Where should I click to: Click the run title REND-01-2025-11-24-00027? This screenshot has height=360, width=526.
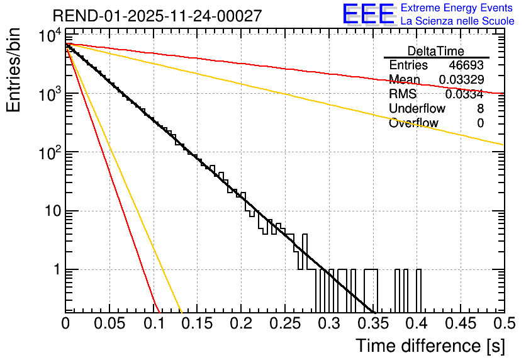pos(157,16)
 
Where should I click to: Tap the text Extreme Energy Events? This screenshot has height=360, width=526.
pos(457,8)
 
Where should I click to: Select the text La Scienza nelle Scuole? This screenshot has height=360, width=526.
pos(457,21)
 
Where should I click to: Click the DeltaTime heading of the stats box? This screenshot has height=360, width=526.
pos(435,51)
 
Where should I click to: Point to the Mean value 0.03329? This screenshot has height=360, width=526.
pos(461,79)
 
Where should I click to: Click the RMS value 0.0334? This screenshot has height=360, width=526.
pos(464,94)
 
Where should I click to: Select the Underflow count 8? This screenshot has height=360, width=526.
pos(480,109)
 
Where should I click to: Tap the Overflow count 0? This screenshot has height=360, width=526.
pos(480,123)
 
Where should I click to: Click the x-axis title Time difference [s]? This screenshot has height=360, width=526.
pos(429,346)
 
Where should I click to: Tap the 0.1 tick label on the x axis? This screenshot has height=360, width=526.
pos(153,323)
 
